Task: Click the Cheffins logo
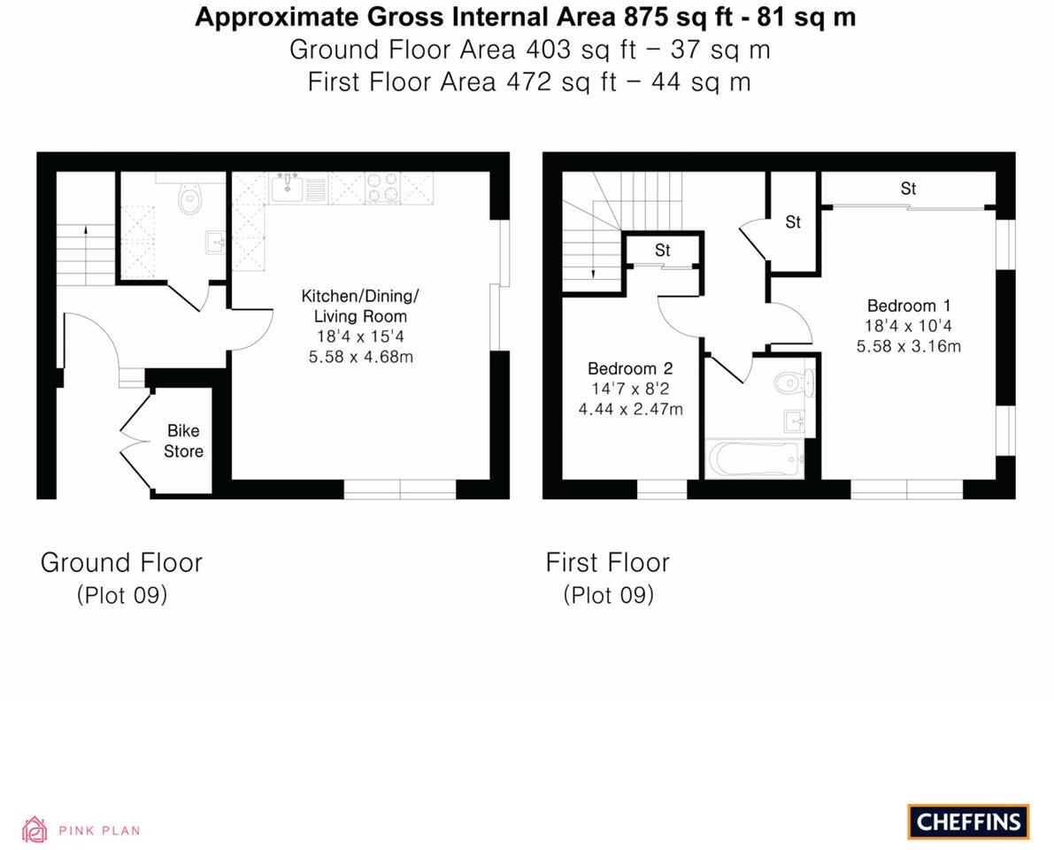tap(968, 822)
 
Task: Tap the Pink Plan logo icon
tap(35, 830)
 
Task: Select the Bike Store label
tap(183, 441)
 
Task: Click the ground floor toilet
tap(189, 200)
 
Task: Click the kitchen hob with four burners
tap(382, 188)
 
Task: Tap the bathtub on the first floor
tap(755, 460)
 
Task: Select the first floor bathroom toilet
tap(792, 383)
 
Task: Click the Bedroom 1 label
tap(909, 305)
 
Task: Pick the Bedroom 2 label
tap(630, 368)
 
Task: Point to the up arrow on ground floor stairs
tap(86, 232)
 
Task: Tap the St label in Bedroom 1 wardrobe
tap(908, 189)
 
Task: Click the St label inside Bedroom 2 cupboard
tap(663, 251)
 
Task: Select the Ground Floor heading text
tap(121, 562)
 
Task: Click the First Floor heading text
tap(607, 562)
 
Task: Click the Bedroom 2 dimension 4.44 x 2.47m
tap(630, 409)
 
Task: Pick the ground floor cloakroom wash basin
tap(214, 241)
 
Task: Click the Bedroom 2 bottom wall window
tap(662, 489)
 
